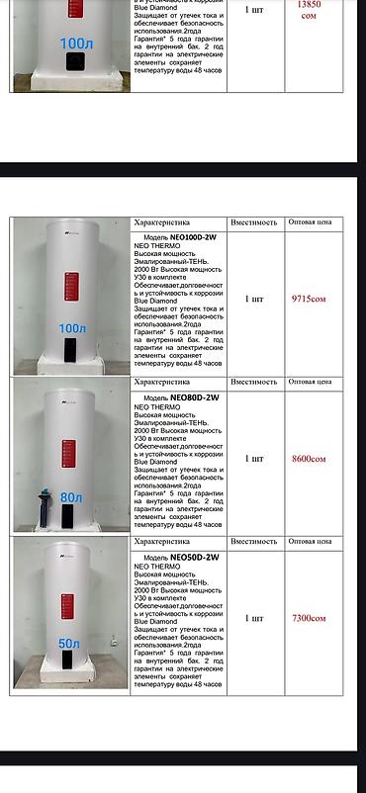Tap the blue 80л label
(71, 497)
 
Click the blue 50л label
(69, 644)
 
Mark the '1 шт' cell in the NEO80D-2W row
(254, 459)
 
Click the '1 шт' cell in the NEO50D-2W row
(254, 619)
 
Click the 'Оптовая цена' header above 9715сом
(316, 222)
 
